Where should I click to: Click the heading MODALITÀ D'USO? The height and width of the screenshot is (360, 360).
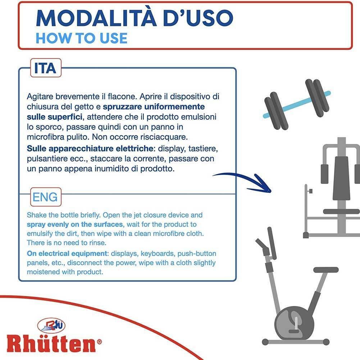pos(135,18)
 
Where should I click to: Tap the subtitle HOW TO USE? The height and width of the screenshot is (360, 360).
pos(82,38)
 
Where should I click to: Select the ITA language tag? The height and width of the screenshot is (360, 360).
pos(45,68)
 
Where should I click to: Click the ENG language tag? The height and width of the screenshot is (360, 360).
pos(45,197)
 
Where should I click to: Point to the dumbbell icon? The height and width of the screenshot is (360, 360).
pos(297,104)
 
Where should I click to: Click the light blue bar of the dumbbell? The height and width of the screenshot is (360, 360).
pos(297,105)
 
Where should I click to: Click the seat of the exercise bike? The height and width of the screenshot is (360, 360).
pos(326,270)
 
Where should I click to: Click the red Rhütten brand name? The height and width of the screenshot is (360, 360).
pos(51,344)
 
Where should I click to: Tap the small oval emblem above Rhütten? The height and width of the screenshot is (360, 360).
pos(51,325)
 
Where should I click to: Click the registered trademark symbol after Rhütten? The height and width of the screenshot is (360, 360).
pos(99,342)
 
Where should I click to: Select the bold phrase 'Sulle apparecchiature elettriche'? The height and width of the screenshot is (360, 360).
pos(90,149)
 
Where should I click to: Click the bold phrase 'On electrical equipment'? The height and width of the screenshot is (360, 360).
pos(67,254)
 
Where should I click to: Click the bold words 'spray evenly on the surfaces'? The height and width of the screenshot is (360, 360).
pos(75,224)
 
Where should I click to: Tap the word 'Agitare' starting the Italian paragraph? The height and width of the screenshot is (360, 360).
pos(40,97)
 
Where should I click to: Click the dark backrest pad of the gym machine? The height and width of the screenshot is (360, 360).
pos(341,178)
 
